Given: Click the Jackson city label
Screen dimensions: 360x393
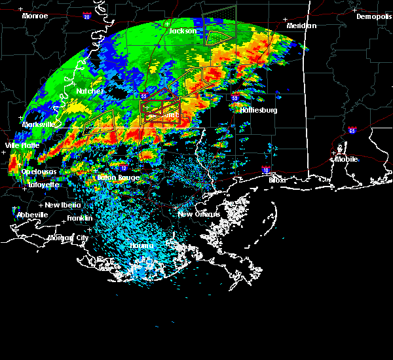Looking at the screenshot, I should pyautogui.click(x=183, y=31).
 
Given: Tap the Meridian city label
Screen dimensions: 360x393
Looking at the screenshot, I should pyautogui.click(x=301, y=26).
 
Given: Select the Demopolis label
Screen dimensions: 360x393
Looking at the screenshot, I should pyautogui.click(x=373, y=16).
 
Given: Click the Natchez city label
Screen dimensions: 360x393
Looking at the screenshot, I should pyautogui.click(x=90, y=91).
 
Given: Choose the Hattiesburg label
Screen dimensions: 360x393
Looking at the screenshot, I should pyautogui.click(x=259, y=110).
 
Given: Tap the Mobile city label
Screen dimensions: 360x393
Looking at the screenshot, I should pyautogui.click(x=347, y=158).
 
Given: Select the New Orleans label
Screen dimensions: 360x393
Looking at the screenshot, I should pyautogui.click(x=203, y=214).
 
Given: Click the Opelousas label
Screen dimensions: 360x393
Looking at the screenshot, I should pyautogui.click(x=39, y=171).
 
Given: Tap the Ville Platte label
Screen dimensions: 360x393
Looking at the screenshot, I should pyautogui.click(x=22, y=145).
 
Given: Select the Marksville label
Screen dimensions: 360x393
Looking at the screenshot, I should pyautogui.click(x=39, y=124).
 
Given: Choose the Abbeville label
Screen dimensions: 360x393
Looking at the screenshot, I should pyautogui.click(x=32, y=215).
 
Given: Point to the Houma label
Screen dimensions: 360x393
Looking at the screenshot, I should pyautogui.click(x=141, y=245).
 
